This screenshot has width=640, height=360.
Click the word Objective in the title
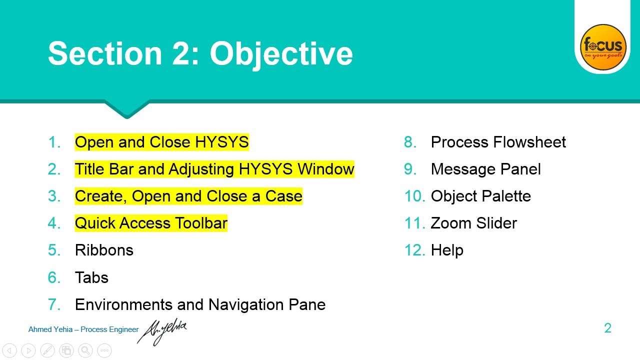tap(281, 53)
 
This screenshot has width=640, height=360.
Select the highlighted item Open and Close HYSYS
tap(161, 142)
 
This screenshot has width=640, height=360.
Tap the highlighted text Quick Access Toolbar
tap(151, 223)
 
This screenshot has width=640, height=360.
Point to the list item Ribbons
tap(104, 250)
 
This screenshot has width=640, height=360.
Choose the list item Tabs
tap(91, 277)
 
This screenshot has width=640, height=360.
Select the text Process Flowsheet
tap(498, 142)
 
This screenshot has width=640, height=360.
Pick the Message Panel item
tap(485, 169)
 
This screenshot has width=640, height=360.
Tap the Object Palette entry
tap(480, 196)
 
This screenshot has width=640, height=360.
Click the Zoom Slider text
tap(473, 223)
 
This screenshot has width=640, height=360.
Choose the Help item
tap(447, 250)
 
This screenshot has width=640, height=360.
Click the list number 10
tap(414, 196)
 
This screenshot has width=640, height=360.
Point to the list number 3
tap(54, 196)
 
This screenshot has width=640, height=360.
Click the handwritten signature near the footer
tap(163, 330)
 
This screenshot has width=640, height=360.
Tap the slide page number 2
tap(607, 328)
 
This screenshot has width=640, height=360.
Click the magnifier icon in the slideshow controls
tap(85, 350)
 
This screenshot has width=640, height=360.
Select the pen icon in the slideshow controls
tap(47, 350)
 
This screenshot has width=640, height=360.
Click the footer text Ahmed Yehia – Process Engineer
tap(83, 329)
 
